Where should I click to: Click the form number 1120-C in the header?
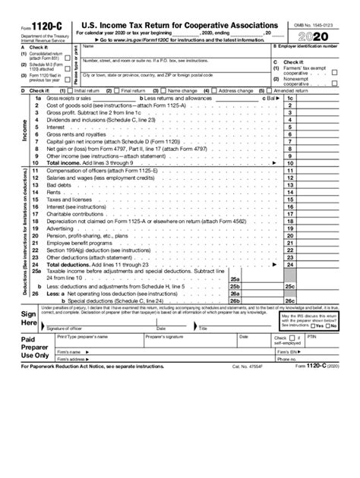pos(36,27)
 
